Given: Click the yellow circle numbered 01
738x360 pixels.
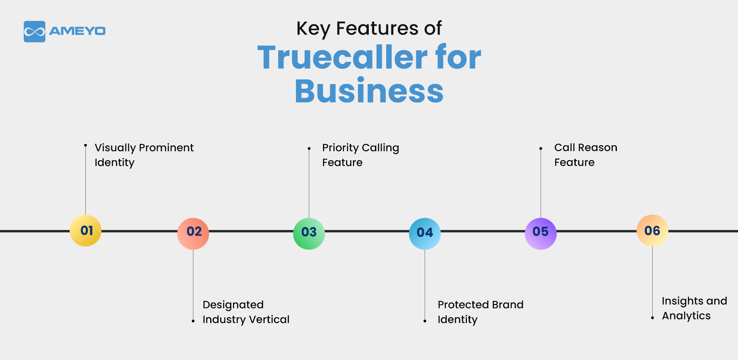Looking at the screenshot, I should (x=85, y=231).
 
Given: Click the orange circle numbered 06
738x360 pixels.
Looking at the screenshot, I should (x=652, y=231).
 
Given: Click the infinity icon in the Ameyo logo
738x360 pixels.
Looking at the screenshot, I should (x=35, y=32).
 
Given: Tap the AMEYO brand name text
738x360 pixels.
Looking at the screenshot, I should (x=77, y=31).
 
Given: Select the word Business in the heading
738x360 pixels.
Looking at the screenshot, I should (x=369, y=91).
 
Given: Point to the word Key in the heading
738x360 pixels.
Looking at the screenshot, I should (x=313, y=29).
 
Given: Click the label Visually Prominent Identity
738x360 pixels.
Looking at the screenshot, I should (x=144, y=155).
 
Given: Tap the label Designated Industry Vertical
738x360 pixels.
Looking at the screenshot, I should (x=246, y=312).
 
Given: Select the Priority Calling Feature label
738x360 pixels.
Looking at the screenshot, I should (x=360, y=155).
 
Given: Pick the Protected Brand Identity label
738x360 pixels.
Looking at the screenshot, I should (x=480, y=312).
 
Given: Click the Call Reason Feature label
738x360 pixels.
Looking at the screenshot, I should (x=585, y=155).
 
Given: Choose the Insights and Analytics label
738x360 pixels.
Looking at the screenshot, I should (x=694, y=308).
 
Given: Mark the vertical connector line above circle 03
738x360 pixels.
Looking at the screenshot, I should (x=309, y=183).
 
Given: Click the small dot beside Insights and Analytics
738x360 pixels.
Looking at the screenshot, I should (x=652, y=318).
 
